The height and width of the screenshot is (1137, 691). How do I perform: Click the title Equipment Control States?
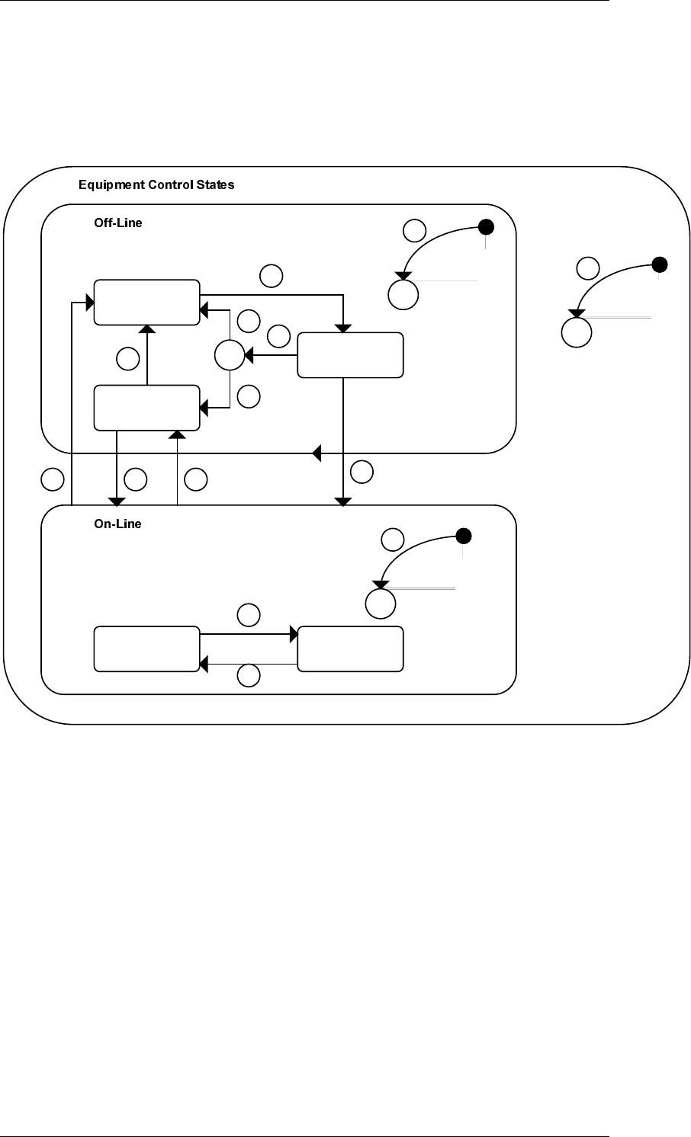[156, 184]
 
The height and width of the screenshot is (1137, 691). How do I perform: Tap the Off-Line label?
[118, 223]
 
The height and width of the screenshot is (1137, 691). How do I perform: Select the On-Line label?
[117, 524]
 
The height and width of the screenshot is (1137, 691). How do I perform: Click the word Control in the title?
[170, 184]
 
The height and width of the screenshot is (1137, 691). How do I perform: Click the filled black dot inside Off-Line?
[487, 227]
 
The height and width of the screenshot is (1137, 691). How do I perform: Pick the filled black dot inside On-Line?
[464, 536]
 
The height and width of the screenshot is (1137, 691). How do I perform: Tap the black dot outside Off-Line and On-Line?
[660, 264]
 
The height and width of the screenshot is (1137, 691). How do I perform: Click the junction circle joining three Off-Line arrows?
[230, 355]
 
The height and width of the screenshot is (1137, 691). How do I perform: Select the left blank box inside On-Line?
[147, 649]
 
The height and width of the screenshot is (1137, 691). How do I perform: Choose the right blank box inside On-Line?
[351, 649]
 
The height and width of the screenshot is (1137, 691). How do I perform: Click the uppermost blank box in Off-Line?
[147, 303]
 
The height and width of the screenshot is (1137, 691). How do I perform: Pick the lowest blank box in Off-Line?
[147, 408]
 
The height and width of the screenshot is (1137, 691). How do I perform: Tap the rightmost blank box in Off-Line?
[351, 355]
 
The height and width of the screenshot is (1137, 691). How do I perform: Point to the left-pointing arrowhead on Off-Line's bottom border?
[317, 453]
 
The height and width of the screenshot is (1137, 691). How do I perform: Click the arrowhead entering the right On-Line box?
[294, 634]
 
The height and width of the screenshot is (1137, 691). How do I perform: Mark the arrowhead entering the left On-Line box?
[204, 664]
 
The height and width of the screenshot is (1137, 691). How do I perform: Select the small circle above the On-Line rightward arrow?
[249, 615]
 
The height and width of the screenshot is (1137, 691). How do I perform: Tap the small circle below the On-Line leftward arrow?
[249, 676]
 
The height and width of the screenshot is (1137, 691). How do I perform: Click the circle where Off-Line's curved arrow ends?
[403, 295]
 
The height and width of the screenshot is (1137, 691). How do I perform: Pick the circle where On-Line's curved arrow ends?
[381, 604]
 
